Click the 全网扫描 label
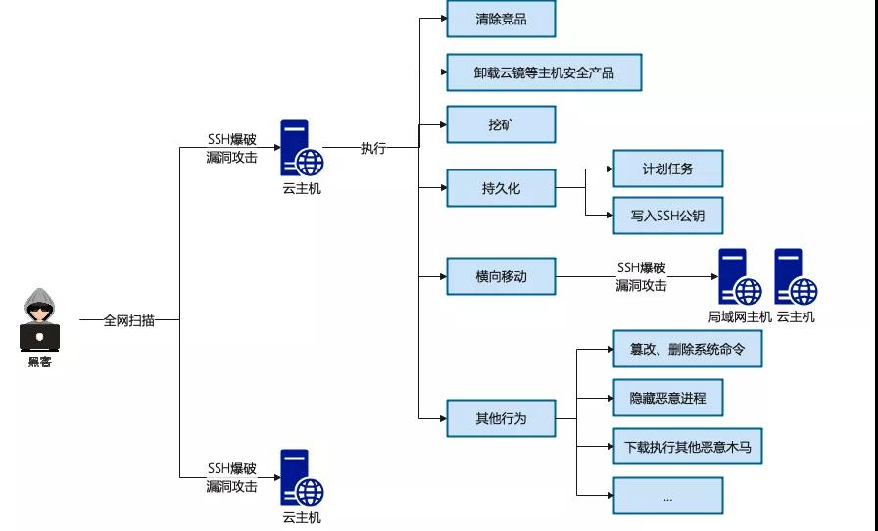tap(128, 320)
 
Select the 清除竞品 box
tap(501, 20)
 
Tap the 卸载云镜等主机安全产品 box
tap(544, 72)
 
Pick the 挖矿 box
tap(501, 124)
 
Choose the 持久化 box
tap(501, 188)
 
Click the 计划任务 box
tap(667, 169)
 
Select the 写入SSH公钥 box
tap(667, 216)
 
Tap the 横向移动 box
tap(501, 276)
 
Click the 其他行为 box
tap(501, 418)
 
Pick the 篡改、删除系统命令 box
tap(688, 348)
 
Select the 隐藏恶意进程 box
tap(667, 398)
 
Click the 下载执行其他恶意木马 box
tap(688, 447)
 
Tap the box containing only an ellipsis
tap(667, 496)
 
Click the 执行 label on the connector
tap(372, 148)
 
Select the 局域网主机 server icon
tap(739, 277)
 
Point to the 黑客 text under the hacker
tap(40, 362)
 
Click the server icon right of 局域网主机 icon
tap(795, 277)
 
